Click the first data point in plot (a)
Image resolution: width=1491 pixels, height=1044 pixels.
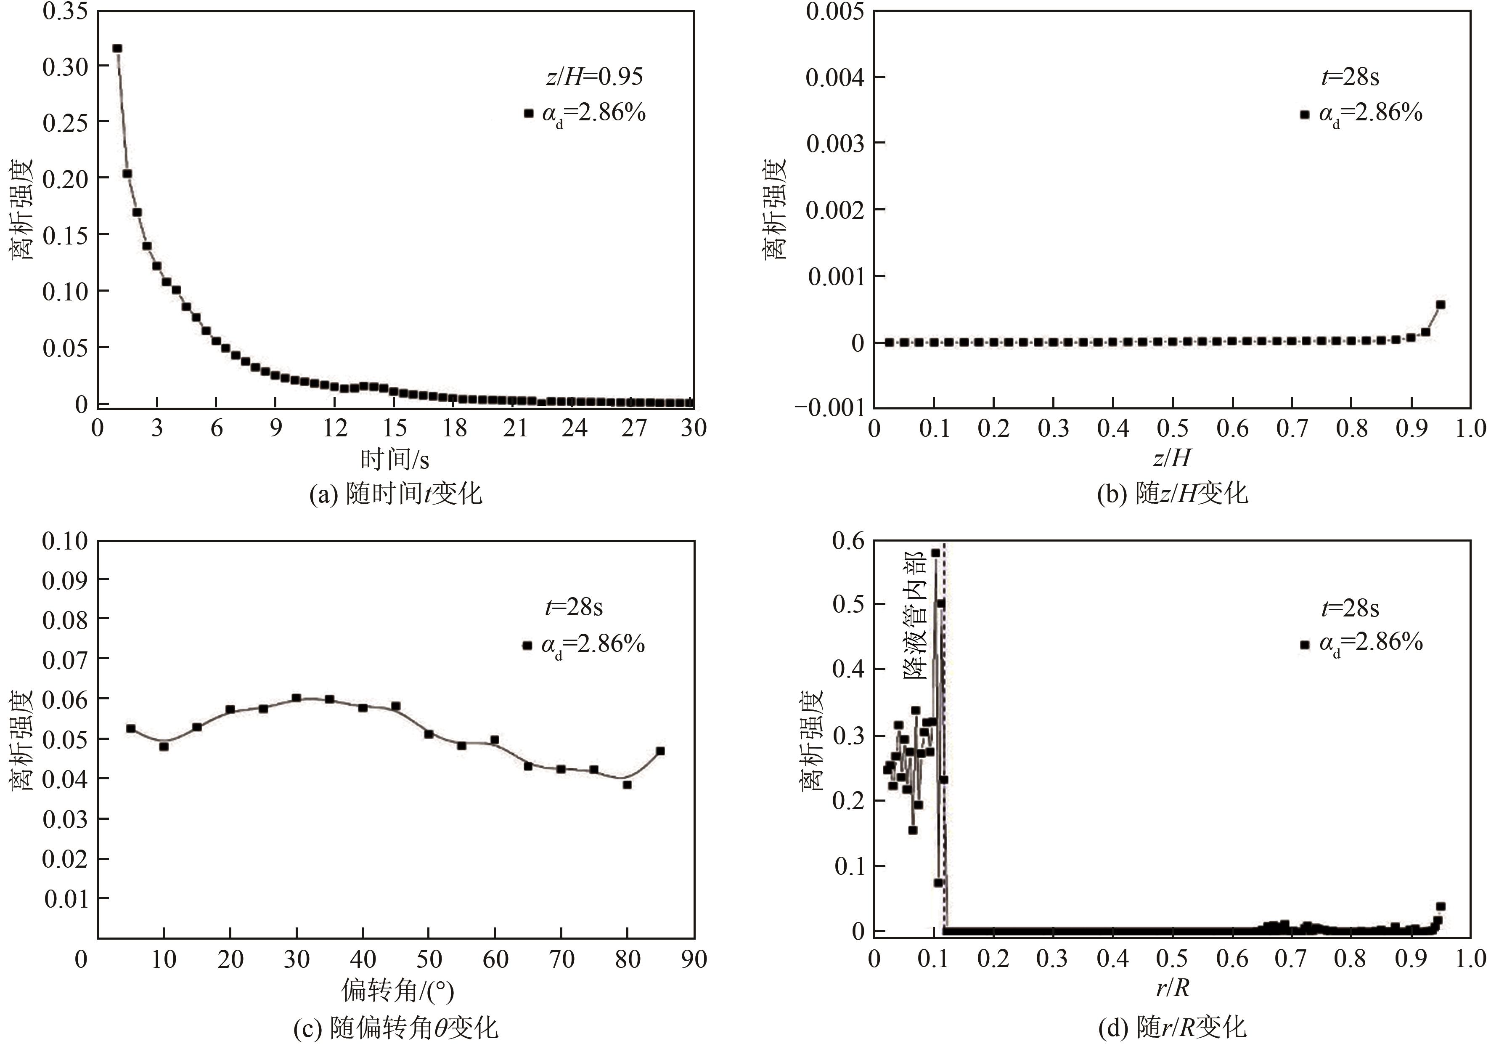[117, 48]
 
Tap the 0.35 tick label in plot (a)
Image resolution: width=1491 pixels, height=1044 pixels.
[65, 12]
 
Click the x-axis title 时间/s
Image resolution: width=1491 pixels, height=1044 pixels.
[395, 460]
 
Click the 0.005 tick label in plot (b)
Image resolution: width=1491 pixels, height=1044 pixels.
[835, 12]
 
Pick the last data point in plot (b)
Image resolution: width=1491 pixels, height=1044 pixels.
[1441, 304]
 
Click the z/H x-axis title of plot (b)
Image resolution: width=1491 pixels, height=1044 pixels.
[1172, 458]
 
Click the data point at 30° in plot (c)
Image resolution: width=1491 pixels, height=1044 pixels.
[296, 698]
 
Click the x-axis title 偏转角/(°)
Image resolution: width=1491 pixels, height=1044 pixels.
[397, 991]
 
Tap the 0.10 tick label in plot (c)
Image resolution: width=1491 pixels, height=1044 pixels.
[65, 541]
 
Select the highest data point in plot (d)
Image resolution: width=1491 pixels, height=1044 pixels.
[935, 553]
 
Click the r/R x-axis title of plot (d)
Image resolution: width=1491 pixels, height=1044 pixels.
[1172, 988]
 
